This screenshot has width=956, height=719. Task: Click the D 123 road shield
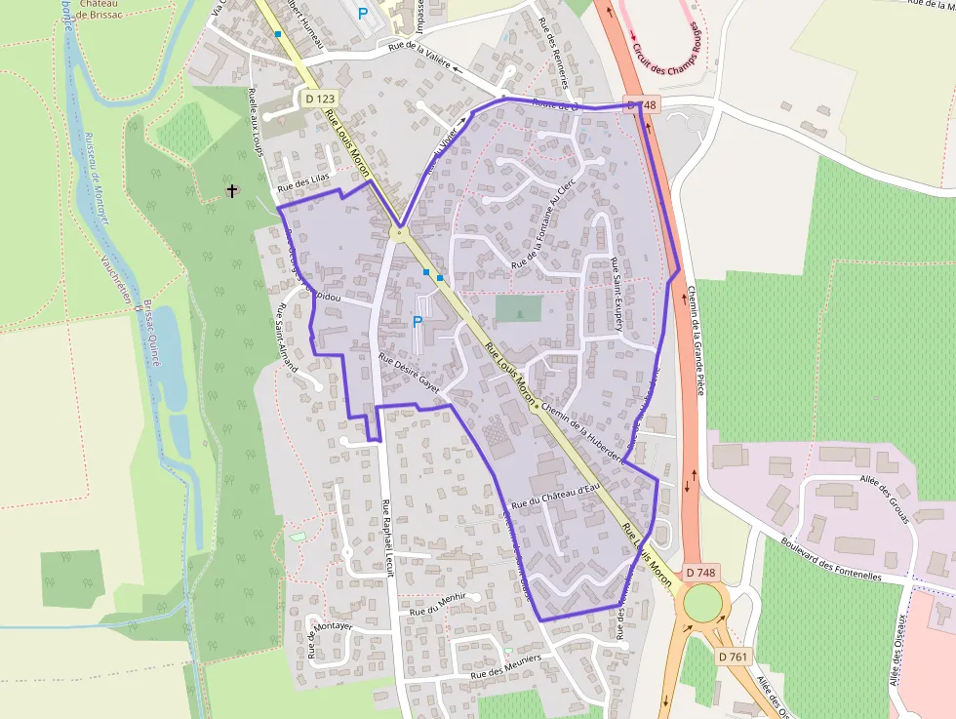point(320,99)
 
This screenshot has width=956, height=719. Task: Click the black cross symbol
point(232,190)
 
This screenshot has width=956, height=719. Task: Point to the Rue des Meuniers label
point(505,668)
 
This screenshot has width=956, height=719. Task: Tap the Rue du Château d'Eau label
point(554,495)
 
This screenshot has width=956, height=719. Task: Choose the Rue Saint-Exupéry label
point(617,295)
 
